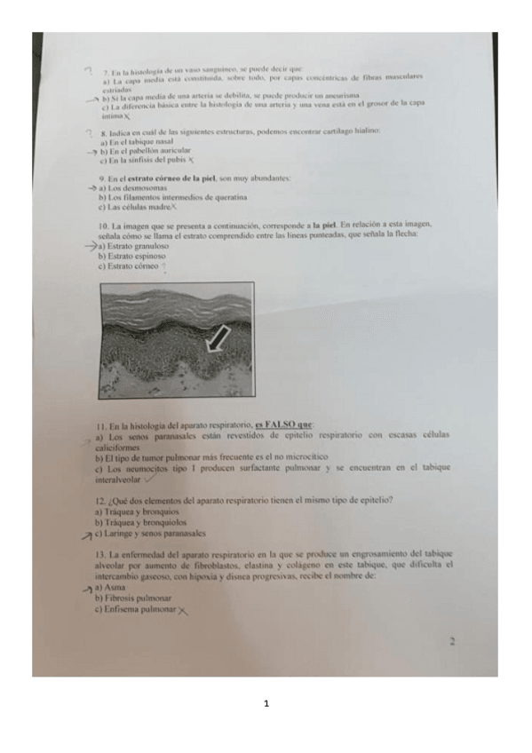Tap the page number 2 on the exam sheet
tap(452, 639)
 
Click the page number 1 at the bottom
tap(266, 705)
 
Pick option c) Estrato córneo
tap(129, 266)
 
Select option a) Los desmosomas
tap(129, 188)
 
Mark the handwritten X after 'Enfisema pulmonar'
tap(183, 611)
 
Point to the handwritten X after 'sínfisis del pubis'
tap(193, 162)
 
